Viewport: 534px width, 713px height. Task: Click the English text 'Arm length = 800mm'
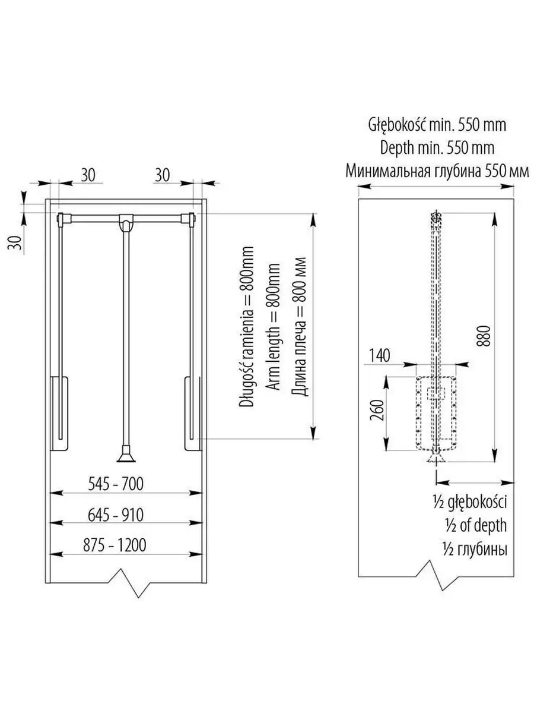(274, 326)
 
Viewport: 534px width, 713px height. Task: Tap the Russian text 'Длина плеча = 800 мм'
(301, 326)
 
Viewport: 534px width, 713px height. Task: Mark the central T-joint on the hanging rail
(126, 222)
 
